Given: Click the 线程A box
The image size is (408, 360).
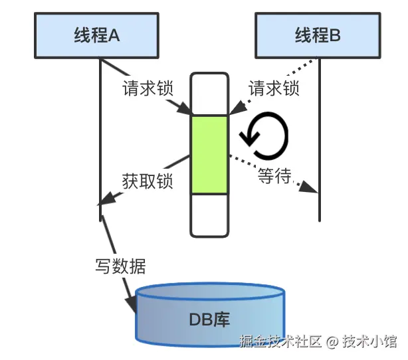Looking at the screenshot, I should click(x=97, y=35).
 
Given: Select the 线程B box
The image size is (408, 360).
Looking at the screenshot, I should click(x=318, y=35).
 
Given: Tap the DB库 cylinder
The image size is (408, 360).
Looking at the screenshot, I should click(x=210, y=317).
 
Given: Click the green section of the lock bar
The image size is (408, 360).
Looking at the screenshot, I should click(x=209, y=155).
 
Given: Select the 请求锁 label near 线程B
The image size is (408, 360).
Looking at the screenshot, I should click(x=274, y=88).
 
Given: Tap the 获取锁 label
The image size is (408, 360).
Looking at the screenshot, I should click(x=148, y=181).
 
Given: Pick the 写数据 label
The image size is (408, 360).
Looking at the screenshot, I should click(x=120, y=266).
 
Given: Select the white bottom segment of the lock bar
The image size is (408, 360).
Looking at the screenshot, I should click(x=209, y=215).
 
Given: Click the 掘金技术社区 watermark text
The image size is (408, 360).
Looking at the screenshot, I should click(x=280, y=341).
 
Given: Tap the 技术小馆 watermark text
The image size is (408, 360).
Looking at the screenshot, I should click(x=370, y=341).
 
